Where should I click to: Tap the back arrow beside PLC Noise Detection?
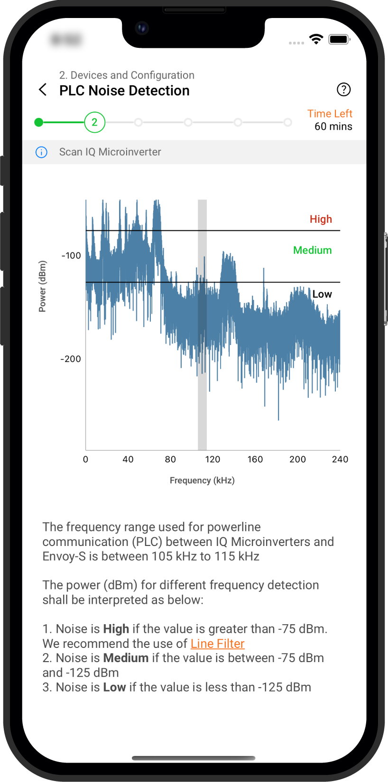coord(43,90)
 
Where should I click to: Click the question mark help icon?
coord(343,89)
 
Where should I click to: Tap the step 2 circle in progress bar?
coord(94,122)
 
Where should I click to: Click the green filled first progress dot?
coord(39,122)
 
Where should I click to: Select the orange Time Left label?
coord(330,114)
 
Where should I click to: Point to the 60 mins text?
coord(333,127)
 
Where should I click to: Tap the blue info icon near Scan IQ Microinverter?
coord(42,152)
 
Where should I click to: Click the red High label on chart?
coord(321,219)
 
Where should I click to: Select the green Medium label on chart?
coord(312,250)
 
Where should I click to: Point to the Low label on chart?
coord(322,294)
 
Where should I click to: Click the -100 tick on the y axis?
coord(71,256)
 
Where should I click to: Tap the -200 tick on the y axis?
coord(71,359)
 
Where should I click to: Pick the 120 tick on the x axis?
coord(212,459)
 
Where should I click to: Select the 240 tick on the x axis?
coord(340,459)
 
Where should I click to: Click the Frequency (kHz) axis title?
coord(202,481)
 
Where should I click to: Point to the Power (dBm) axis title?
coord(42,286)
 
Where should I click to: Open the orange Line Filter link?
coord(217,644)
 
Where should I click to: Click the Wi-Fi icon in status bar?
coord(316,39)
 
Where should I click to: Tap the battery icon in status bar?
coord(339,39)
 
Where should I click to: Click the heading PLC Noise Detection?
coord(124,91)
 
